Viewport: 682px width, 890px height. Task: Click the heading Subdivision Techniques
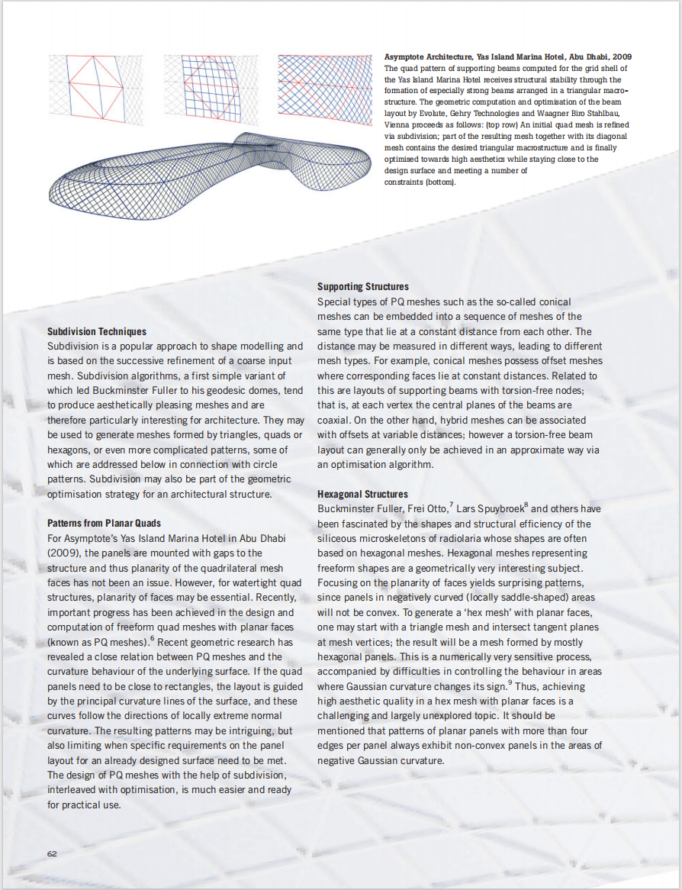pos(97,332)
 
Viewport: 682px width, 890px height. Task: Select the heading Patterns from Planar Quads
pos(104,524)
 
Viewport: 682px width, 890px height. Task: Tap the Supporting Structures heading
pos(363,287)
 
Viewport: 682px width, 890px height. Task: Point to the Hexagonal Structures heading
pos(362,495)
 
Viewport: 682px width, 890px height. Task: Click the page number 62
pos(52,853)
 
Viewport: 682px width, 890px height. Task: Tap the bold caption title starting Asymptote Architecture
pos(507,57)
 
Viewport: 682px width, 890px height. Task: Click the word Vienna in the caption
pos(396,123)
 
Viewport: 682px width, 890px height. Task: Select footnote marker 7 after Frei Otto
pos(452,505)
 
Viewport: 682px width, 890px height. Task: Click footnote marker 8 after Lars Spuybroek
pos(527,505)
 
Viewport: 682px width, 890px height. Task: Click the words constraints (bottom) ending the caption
pos(420,182)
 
